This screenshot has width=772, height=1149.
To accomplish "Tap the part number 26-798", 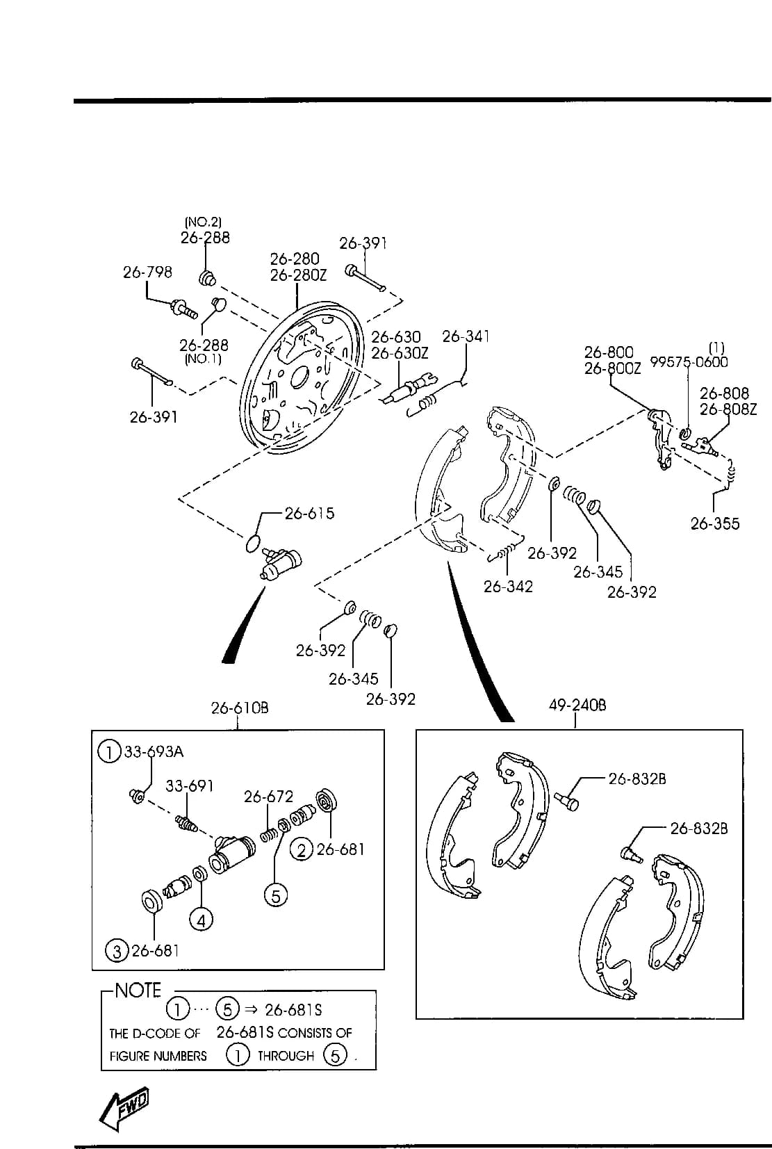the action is [x=147, y=272].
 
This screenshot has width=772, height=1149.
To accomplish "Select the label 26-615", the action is [x=310, y=513].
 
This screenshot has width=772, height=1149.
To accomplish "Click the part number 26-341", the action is [x=466, y=336].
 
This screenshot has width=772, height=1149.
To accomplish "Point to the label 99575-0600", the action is [x=689, y=362].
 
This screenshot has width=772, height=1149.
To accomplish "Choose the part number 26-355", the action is [x=715, y=523].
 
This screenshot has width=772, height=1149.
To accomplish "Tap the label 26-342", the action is [x=508, y=586].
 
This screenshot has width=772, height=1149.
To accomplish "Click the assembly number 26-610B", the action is [x=240, y=708].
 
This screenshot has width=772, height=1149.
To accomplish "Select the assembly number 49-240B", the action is [x=577, y=706].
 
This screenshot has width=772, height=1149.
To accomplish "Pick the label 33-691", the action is [x=189, y=786].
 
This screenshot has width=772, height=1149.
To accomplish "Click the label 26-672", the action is [x=269, y=797].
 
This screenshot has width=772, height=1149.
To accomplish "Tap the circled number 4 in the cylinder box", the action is [x=201, y=921].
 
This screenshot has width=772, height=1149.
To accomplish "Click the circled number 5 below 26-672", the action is [x=276, y=896].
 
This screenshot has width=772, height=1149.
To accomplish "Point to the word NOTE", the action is [x=138, y=991].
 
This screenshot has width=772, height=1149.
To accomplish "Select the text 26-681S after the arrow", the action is [x=293, y=1010].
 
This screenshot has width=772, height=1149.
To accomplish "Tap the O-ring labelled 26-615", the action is [x=253, y=544].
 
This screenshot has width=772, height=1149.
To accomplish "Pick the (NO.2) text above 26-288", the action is [x=203, y=222].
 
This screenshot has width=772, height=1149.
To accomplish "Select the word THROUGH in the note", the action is [x=286, y=1056].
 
